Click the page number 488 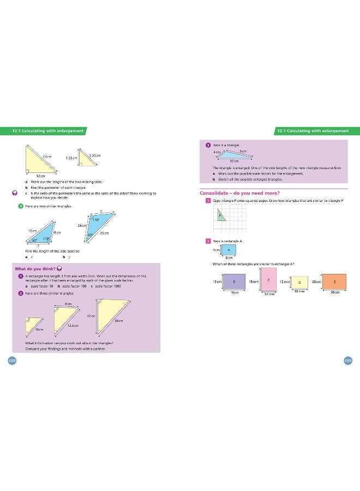(x=11, y=360)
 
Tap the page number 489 (x=348, y=360)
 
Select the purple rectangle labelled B (x=233, y=282)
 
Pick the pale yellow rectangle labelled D (x=299, y=282)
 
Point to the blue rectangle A (x=229, y=250)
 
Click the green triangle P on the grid (x=220, y=216)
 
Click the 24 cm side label (x=82, y=225)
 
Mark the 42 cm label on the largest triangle (x=92, y=316)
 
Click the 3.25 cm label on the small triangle (x=94, y=156)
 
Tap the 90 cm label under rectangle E (x=335, y=294)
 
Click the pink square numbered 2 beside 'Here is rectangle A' (x=208, y=241)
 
